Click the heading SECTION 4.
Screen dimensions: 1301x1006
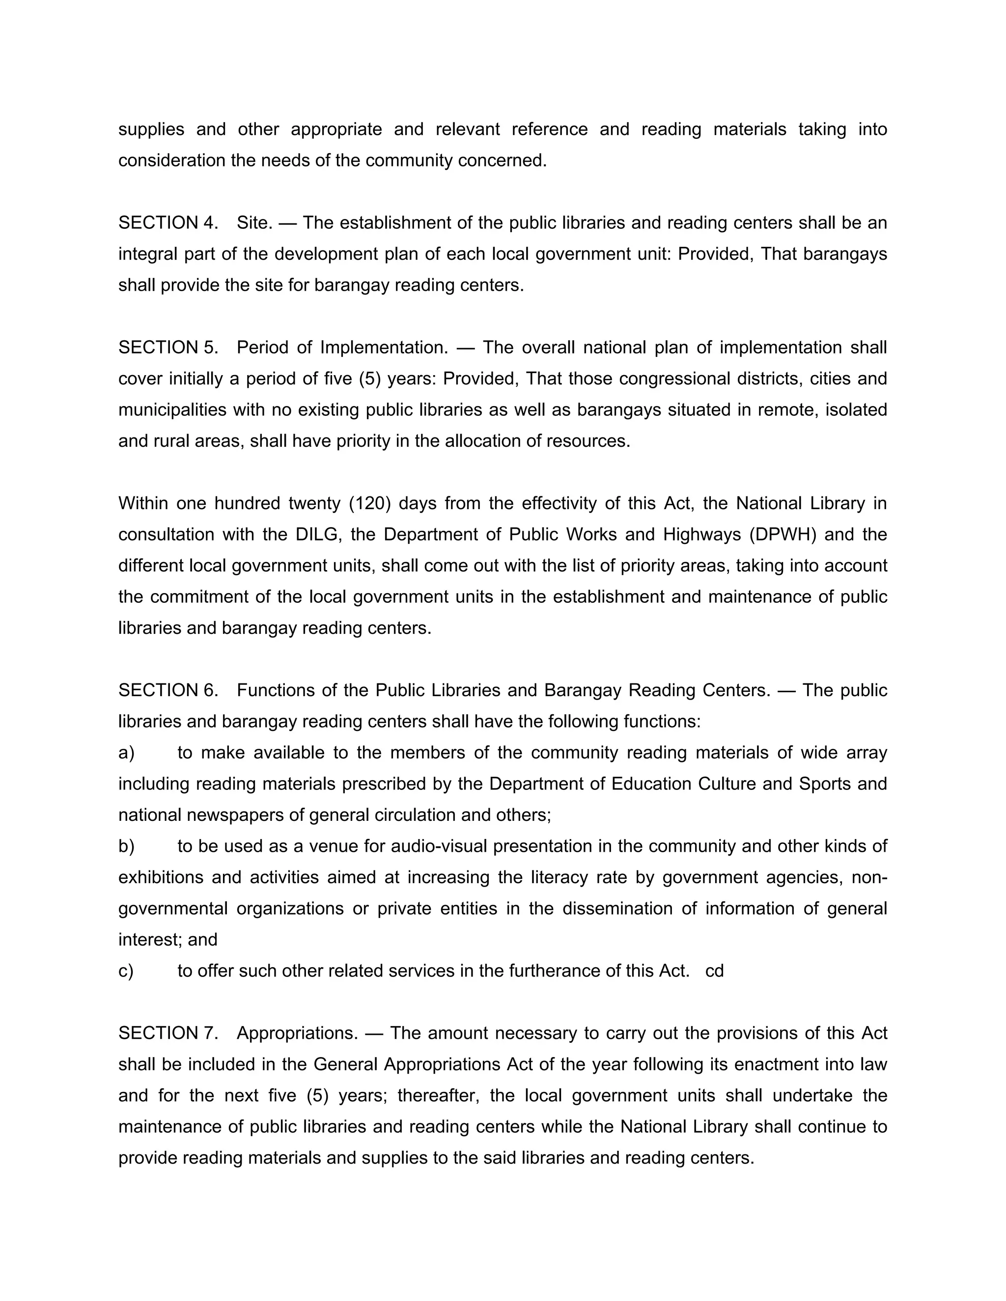(x=168, y=223)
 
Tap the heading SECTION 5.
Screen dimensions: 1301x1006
(x=168, y=347)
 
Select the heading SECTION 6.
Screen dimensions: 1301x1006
(x=168, y=690)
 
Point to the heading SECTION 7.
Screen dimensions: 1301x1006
(x=168, y=1033)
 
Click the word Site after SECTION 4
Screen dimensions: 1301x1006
(x=254, y=223)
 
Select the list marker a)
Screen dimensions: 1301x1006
(x=126, y=753)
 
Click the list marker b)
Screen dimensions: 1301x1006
(x=126, y=846)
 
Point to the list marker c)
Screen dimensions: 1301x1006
(x=126, y=971)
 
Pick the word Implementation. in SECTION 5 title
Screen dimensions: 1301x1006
(x=384, y=347)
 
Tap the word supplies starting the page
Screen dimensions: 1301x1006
(x=151, y=129)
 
